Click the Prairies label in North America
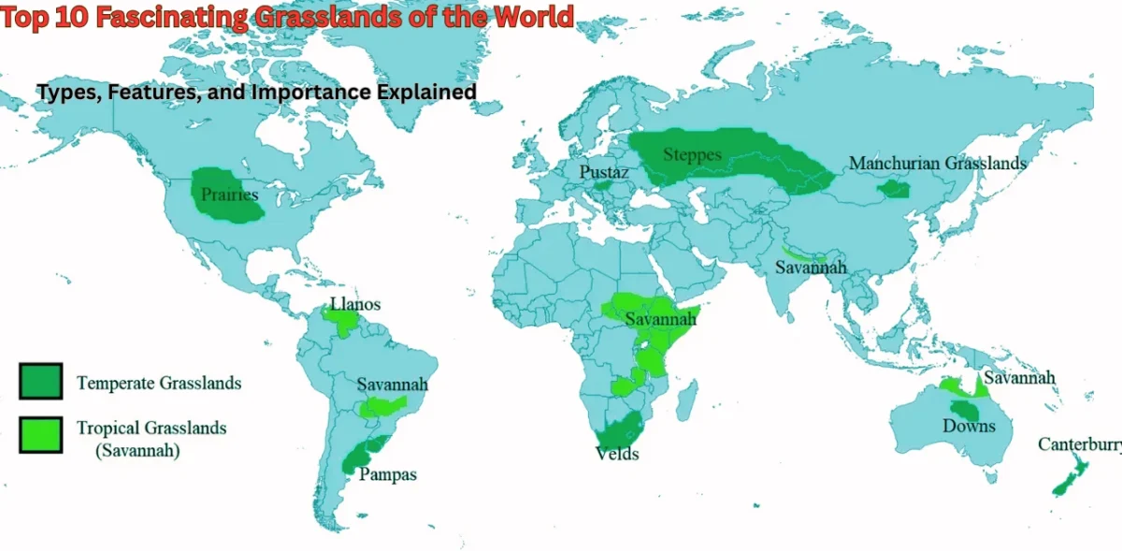(229, 196)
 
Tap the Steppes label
(692, 154)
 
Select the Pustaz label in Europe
(603, 173)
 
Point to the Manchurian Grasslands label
(938, 164)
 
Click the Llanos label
(355, 305)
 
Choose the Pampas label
(388, 475)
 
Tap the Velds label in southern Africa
(617, 455)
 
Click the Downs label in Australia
(970, 427)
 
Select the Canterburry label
(1079, 445)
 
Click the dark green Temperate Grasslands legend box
(40, 382)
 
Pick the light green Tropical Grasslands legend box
(40, 435)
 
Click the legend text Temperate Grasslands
(159, 384)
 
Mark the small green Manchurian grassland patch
(895, 189)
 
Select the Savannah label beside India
(811, 268)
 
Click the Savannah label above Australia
(1019, 378)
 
